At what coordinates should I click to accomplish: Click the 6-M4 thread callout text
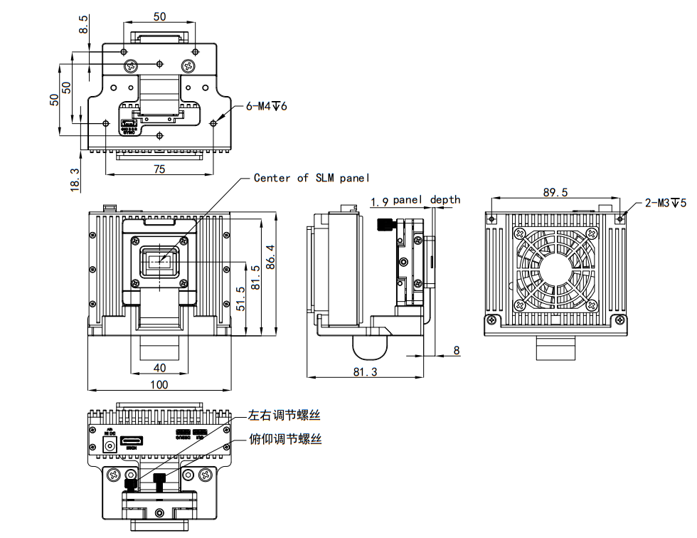click(x=266, y=107)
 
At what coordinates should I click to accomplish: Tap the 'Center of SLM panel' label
click(x=312, y=178)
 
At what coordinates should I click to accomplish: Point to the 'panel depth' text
click(x=426, y=200)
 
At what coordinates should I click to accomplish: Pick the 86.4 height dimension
click(x=269, y=257)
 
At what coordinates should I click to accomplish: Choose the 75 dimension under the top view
click(x=160, y=168)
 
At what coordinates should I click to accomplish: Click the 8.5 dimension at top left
click(x=84, y=26)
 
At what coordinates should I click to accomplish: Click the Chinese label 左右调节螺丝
click(x=284, y=414)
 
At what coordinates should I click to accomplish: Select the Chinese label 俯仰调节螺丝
click(x=284, y=439)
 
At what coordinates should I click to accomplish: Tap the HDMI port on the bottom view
click(x=131, y=443)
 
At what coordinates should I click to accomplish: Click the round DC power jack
click(x=110, y=445)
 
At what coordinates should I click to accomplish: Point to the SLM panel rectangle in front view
click(x=161, y=261)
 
